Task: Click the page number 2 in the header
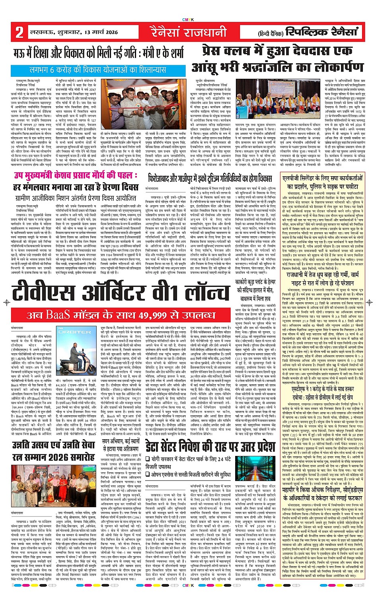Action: (x=19, y=32)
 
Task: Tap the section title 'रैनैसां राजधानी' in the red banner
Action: (x=188, y=32)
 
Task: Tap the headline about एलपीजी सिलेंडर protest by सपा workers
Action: (x=323, y=183)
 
